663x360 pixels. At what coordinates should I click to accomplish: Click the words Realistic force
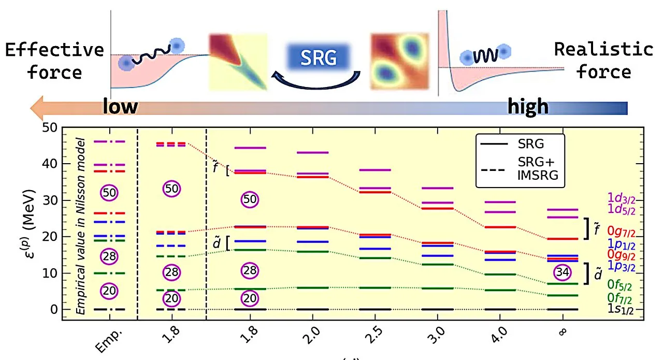click(604, 60)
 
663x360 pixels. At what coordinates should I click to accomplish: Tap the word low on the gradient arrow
click(120, 106)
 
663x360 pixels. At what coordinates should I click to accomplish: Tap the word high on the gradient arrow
click(528, 106)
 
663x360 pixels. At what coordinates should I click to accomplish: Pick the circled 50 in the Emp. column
click(109, 192)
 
